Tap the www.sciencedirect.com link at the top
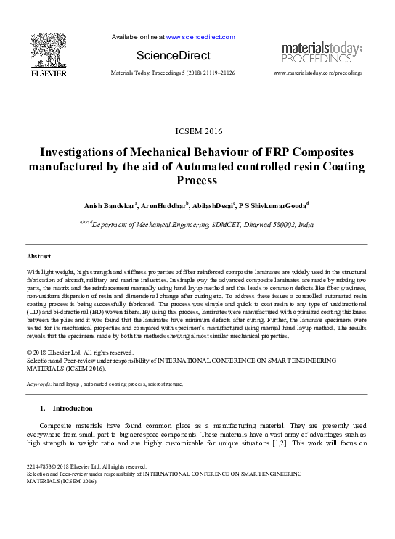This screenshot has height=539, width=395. [200, 36]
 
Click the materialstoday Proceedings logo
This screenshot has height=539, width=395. [322, 52]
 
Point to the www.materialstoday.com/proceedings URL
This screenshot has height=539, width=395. [317, 74]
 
